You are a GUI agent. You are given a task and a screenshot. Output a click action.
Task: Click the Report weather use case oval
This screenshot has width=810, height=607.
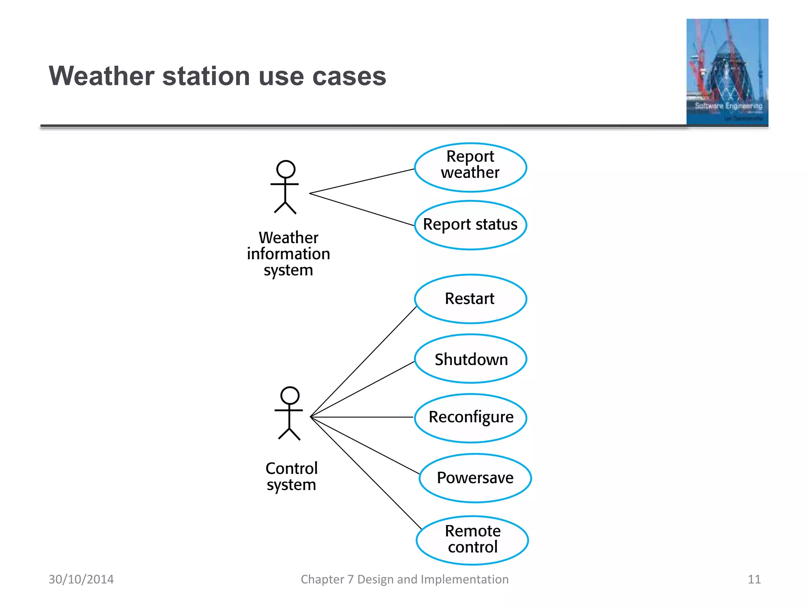coord(470,168)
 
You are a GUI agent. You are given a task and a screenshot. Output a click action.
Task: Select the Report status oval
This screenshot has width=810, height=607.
coord(470,225)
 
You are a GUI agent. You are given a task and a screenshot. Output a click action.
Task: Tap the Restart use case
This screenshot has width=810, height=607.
coord(470,299)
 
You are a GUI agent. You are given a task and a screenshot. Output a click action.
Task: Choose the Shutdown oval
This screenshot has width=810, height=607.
coord(470,359)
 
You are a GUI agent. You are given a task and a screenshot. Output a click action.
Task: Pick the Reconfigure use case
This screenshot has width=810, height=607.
coord(470,418)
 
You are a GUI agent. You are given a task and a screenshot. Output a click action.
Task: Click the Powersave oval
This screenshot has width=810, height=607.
coord(475,478)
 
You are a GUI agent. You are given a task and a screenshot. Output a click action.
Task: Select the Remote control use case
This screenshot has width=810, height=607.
coord(472,540)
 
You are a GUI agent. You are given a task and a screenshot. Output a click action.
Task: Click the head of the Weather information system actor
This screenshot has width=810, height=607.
coord(286,169)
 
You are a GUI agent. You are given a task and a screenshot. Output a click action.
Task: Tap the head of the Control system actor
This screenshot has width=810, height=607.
coord(290,396)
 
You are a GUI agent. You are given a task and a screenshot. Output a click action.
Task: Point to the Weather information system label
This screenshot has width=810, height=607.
coord(288,254)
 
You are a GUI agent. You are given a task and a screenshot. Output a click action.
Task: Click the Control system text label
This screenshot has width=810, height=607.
coord(291,476)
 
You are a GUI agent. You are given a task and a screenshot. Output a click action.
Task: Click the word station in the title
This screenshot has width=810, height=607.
coord(206,76)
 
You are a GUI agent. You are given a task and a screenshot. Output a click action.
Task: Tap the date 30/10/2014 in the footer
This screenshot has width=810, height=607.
coord(81,579)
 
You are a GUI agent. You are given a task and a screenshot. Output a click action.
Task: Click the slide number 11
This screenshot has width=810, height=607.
coord(754,579)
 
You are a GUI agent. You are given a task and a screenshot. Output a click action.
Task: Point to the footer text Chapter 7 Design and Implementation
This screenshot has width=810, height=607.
coord(404,579)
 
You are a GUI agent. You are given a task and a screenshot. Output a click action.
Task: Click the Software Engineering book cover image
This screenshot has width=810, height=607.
coord(727,72)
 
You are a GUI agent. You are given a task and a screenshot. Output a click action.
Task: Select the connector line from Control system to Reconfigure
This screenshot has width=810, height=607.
coord(362,417)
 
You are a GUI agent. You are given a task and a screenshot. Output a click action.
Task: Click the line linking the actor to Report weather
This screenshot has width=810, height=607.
coord(362,181)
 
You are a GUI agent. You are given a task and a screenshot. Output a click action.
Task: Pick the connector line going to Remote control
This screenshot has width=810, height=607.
coord(366,473)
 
